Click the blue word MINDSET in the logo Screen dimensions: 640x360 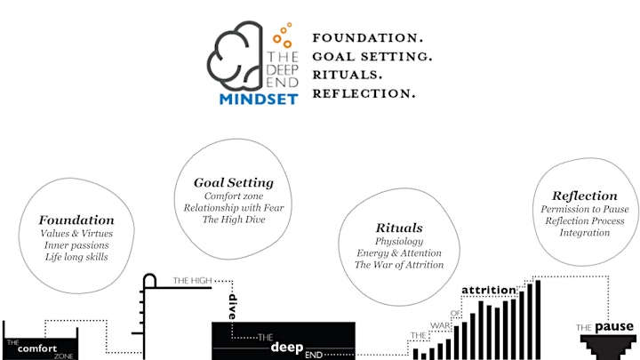point(259,100)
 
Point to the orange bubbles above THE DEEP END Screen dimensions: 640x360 point(283,36)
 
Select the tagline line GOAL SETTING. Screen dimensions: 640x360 point(372,56)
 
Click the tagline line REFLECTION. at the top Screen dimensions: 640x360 point(364,93)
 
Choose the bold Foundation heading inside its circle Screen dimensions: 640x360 point(76,220)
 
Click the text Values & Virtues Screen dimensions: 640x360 point(76,234)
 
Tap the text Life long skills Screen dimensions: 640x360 point(76,257)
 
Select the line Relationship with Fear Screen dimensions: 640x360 point(234,208)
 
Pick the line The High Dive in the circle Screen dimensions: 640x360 point(234,220)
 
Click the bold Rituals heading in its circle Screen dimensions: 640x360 point(399,228)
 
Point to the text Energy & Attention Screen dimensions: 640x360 point(399,253)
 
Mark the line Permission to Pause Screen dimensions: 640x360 point(585,210)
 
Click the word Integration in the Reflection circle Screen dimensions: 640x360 point(585,233)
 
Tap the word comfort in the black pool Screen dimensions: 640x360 point(37,348)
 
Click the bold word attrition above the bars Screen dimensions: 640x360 point(489,290)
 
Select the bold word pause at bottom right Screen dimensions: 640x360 point(614,327)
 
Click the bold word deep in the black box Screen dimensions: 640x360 point(287,348)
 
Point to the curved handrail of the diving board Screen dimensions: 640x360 point(150,275)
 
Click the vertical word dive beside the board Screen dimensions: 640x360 point(232,307)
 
